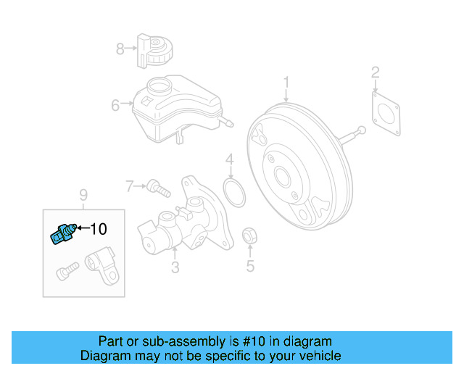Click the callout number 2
[x=375, y=72]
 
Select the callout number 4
[x=229, y=160]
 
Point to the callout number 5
[x=250, y=266]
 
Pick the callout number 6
[x=115, y=106]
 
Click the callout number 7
[x=130, y=187]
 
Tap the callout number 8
[x=120, y=49]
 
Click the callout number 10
[x=98, y=229]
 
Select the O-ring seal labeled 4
[x=233, y=194]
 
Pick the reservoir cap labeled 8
[x=154, y=50]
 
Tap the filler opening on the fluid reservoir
[x=157, y=88]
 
